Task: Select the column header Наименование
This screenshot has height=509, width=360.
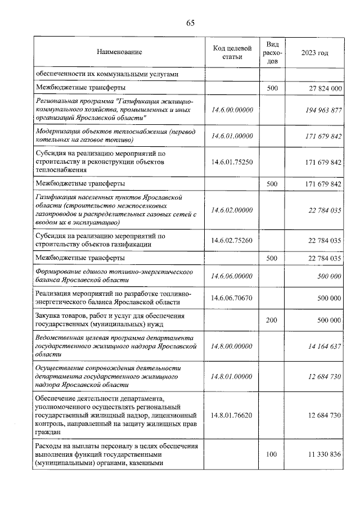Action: pos(119,52)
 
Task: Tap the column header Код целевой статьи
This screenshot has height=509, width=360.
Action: pos(232,52)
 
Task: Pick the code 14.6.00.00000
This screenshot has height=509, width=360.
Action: pos(232,110)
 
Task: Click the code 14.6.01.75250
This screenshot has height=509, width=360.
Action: pos(232,162)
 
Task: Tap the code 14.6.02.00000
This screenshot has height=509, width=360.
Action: pos(232,210)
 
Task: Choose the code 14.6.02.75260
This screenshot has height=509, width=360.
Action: pos(232,240)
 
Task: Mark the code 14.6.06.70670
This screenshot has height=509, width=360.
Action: pos(232,297)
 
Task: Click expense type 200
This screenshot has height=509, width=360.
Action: pos(272,320)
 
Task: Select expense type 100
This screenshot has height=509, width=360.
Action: pos(272,454)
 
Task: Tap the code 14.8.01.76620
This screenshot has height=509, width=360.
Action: pos(232,415)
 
